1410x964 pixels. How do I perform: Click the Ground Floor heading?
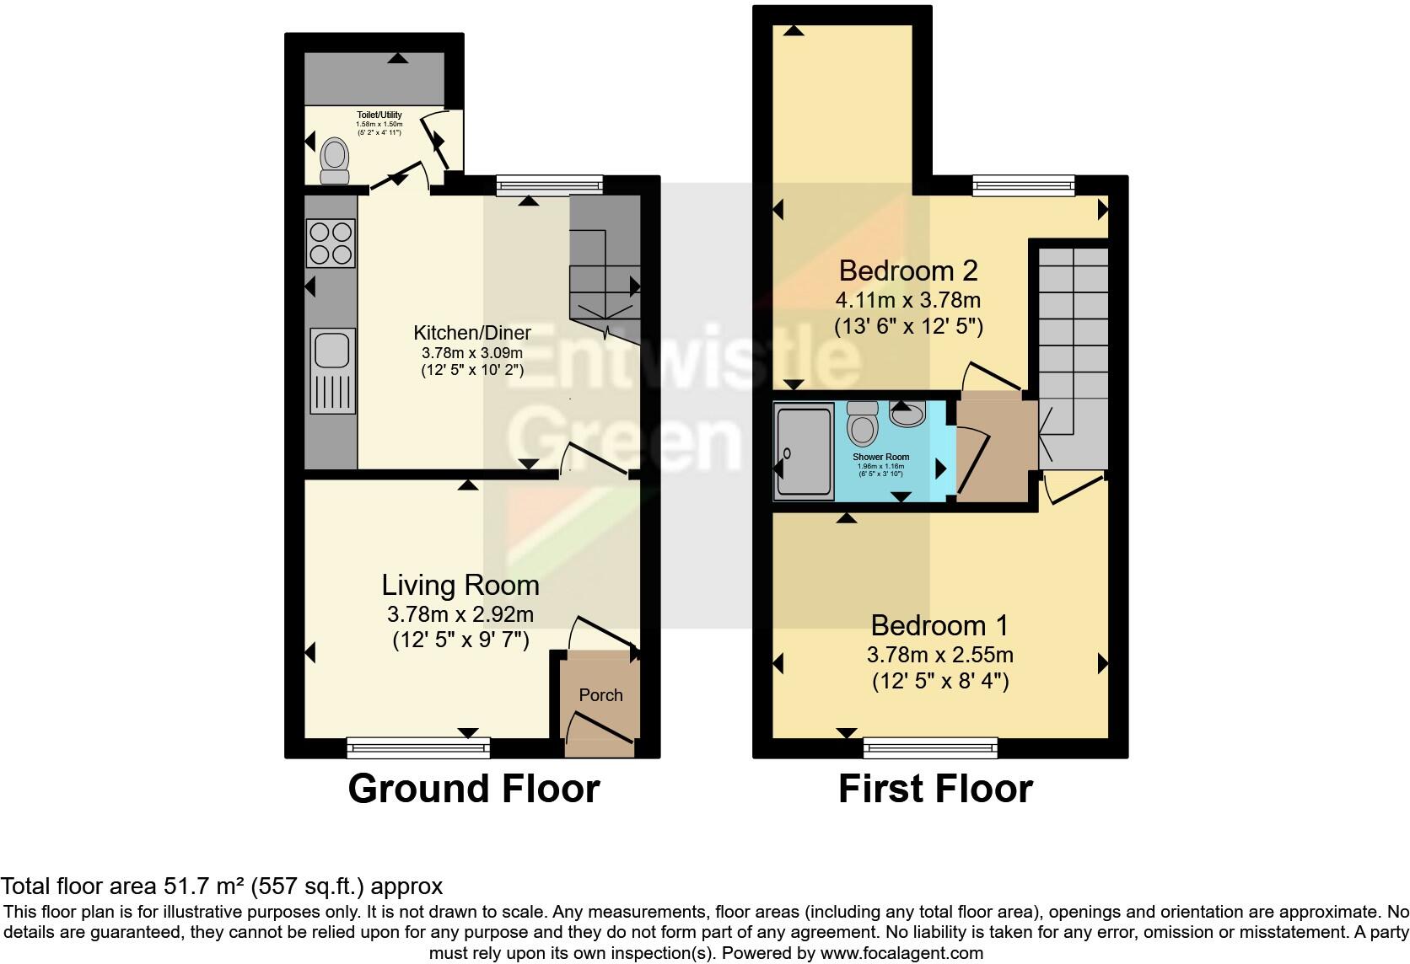tap(473, 789)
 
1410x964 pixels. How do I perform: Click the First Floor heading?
tap(935, 789)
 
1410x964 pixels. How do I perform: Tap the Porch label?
tap(600, 695)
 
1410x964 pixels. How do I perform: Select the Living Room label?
tap(460, 585)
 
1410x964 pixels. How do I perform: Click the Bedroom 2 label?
tap(908, 270)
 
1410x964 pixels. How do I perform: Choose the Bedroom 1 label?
tap(939, 625)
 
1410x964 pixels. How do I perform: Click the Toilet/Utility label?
tap(379, 115)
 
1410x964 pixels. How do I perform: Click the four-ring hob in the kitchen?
tap(331, 242)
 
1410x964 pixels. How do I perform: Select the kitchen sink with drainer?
tap(332, 370)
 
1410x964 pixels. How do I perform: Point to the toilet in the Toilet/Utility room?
tap(335, 160)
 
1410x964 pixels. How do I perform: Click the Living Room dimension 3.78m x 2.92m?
tap(460, 614)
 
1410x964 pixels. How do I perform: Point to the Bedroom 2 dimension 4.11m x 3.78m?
tap(908, 300)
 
